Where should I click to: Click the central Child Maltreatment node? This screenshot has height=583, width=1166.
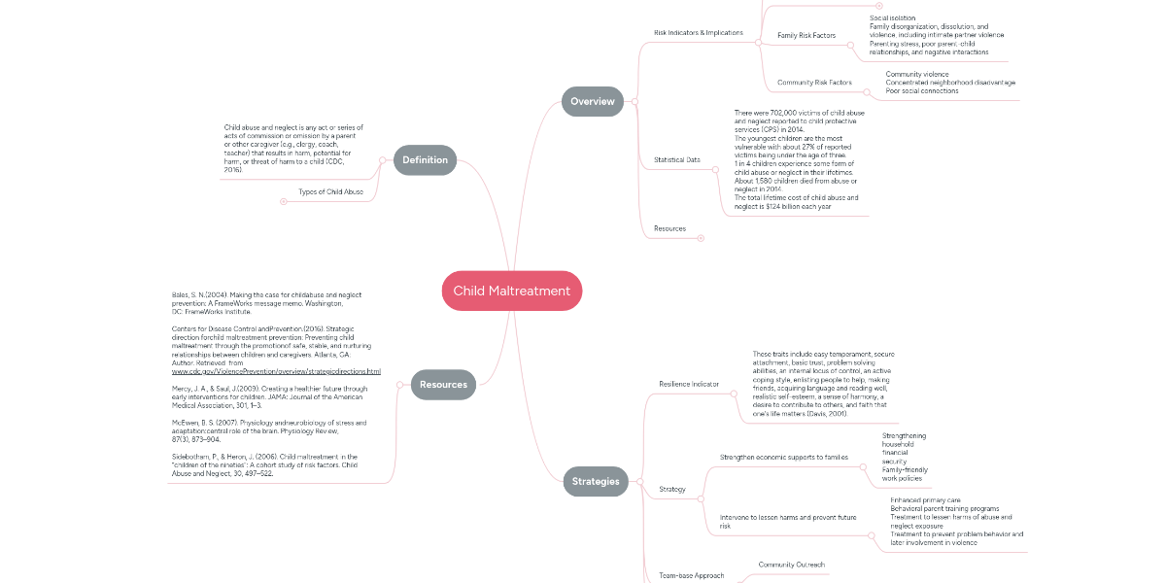pos(512,291)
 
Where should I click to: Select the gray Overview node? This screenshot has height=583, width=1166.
pos(592,101)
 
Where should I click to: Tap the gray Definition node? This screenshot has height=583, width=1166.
pos(425,159)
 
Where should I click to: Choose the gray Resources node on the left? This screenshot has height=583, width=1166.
pos(443,384)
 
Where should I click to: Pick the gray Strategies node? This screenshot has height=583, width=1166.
pos(595,481)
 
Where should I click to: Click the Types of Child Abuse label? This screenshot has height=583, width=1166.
pos(330,192)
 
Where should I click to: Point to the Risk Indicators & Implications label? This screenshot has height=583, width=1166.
pos(698,33)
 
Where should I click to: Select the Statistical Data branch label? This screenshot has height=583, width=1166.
pos(677,159)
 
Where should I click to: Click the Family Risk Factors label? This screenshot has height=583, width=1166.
pos(806,36)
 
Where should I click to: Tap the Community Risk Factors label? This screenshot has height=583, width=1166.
pos(814,83)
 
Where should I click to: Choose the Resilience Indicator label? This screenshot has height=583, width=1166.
pos(689,384)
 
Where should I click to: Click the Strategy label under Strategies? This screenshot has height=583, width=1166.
pos(672,489)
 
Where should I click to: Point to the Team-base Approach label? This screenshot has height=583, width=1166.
pos(691,575)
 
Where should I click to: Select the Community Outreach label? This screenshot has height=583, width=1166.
pos(791,565)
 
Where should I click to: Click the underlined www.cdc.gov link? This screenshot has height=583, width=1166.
pos(276,371)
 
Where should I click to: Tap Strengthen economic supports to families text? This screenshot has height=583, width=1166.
pos(783,457)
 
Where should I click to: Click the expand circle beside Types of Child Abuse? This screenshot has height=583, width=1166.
pos(284,202)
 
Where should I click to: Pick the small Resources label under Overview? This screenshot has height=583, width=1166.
pos(669,228)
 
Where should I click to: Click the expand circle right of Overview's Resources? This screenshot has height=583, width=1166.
pos(701,238)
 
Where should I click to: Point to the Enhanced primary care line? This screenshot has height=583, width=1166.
pos(924,499)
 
